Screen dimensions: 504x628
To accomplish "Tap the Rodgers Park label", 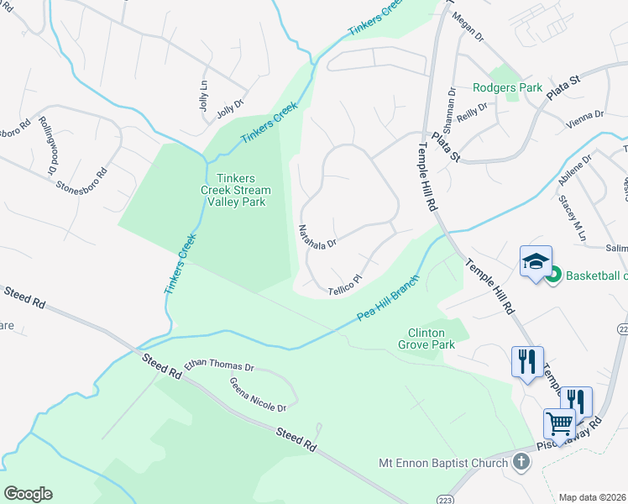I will coord(507,87).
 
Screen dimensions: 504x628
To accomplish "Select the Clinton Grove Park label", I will coord(431,338).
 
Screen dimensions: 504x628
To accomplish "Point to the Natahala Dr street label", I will coord(317,235).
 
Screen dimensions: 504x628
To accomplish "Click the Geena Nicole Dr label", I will coord(258,394).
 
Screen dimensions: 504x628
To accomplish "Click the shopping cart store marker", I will coord(559,423).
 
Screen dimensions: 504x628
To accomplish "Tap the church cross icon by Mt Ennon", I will coord(521,462).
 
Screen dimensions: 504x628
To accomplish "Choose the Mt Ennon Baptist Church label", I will coord(442,463).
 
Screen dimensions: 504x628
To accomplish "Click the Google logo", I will coord(28,493).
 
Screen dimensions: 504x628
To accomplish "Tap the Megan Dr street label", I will coord(468,26).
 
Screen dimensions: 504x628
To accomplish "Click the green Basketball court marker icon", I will coord(553,275).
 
